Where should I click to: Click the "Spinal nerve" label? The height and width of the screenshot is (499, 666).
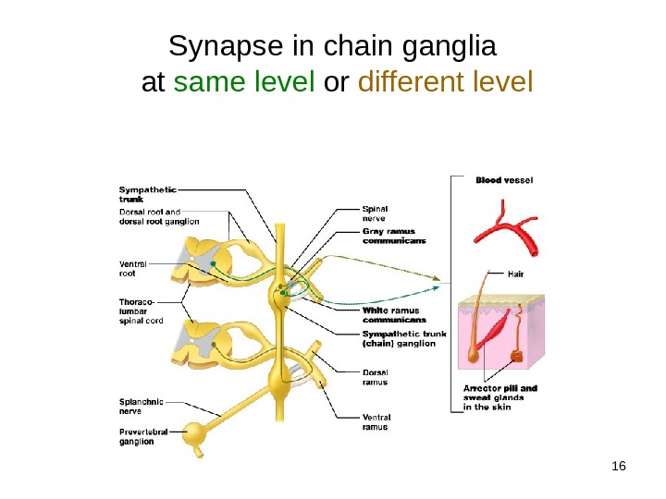click(375, 213)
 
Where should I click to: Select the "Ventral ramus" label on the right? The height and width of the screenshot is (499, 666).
click(375, 422)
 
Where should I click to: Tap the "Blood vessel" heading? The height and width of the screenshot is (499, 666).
click(504, 179)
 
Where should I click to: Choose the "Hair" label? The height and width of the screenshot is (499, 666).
click(517, 274)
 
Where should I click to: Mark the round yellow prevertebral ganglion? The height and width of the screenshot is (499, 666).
click(195, 434)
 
